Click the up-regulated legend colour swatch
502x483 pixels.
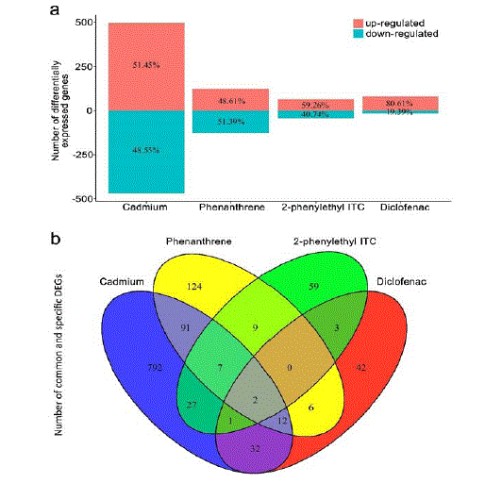[x=359, y=23]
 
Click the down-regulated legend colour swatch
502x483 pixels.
[x=359, y=33]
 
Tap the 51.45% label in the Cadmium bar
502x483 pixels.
[x=146, y=65]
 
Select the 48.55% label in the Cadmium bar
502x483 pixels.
[x=146, y=150]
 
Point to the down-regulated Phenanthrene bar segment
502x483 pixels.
[x=230, y=122]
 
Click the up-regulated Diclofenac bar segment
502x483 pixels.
[x=400, y=104]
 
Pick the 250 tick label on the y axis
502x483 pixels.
[x=84, y=67]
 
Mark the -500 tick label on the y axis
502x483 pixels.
[x=83, y=199]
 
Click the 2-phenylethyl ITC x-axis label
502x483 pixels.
[x=323, y=208]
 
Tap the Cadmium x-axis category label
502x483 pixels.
[x=145, y=207]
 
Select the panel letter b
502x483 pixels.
[x=56, y=238]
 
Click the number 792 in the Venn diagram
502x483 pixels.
[x=155, y=368]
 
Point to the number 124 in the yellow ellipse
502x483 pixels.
[x=194, y=286]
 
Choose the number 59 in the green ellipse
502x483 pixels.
[x=313, y=286]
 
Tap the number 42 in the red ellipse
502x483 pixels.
[x=360, y=368]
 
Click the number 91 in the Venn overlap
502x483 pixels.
[x=185, y=327]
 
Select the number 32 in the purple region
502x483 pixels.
[x=255, y=448]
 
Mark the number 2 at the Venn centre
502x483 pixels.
[x=255, y=400]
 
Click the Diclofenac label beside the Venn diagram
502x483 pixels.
[x=401, y=282]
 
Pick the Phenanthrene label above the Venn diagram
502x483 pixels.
[x=199, y=241]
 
